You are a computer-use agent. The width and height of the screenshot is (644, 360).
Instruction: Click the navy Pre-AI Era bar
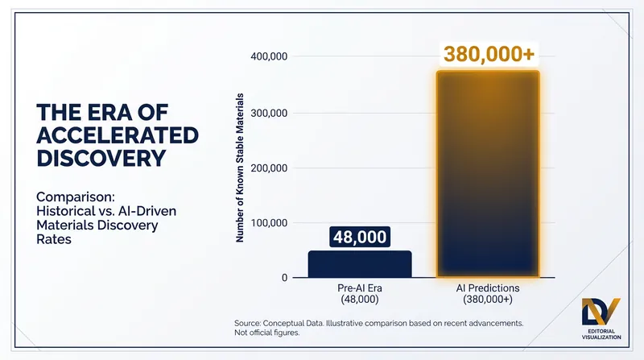(360, 264)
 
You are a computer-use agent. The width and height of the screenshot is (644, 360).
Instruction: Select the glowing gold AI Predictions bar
(488, 174)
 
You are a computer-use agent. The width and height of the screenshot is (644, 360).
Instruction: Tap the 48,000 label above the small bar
(360, 237)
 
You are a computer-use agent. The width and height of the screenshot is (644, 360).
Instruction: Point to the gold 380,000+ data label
(489, 54)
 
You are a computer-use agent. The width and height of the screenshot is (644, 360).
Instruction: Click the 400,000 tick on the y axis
(269, 56)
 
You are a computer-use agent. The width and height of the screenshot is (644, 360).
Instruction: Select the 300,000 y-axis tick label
(269, 113)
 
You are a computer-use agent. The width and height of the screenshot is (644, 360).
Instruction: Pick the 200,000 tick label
(269, 168)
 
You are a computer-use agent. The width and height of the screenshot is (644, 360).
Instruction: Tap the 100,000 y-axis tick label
(269, 223)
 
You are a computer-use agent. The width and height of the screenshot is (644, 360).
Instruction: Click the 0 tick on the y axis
(284, 278)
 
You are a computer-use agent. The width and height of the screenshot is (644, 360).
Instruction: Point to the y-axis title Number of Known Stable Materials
(240, 168)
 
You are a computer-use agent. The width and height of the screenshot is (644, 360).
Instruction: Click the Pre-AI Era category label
(360, 293)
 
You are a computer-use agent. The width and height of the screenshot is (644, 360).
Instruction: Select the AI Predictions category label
(488, 293)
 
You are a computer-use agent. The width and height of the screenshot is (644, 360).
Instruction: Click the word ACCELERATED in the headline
(118, 135)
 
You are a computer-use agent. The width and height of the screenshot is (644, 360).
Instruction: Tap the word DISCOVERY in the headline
(101, 158)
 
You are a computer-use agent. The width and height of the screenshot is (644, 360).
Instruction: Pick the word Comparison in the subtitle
(76, 197)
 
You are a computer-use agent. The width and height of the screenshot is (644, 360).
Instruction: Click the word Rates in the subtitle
(54, 239)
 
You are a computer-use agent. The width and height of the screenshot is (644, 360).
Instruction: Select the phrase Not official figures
(267, 333)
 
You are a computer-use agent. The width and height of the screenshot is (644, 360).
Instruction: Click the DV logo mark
(601, 312)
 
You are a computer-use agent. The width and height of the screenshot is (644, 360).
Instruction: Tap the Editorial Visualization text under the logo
(601, 334)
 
